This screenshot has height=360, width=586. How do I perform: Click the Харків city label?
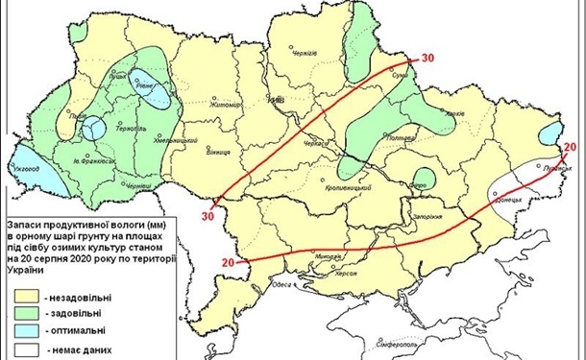point(457,113)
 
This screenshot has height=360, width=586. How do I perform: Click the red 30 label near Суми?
point(427,59)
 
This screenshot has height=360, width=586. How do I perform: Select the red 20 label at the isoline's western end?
point(228,262)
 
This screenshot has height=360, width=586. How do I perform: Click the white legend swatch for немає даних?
point(28,348)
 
